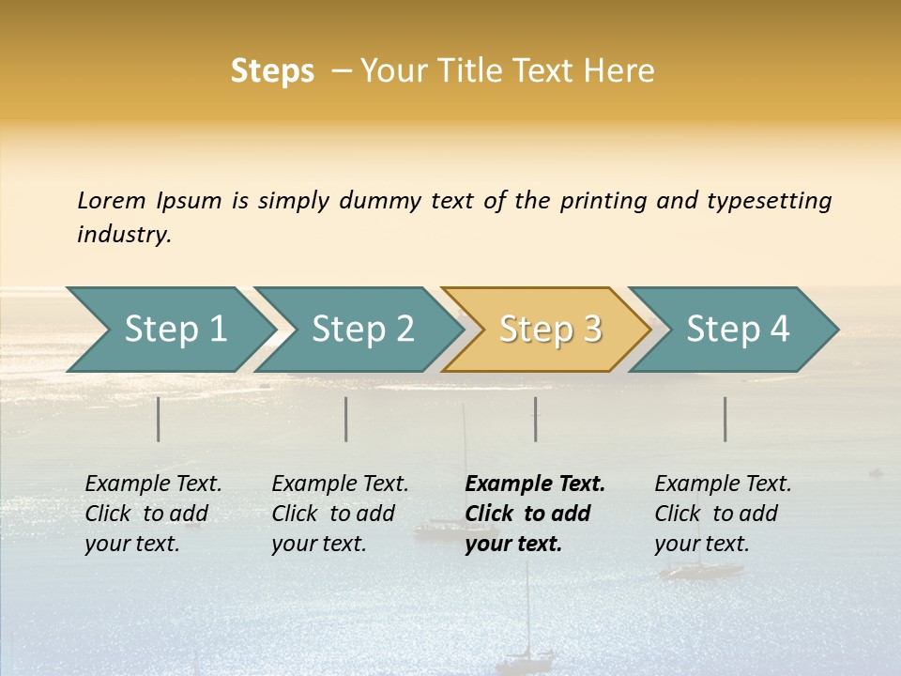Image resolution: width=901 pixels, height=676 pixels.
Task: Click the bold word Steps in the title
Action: coord(272,71)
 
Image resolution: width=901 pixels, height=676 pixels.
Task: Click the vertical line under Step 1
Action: coord(159,419)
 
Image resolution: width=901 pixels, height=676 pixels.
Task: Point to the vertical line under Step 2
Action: coord(346,419)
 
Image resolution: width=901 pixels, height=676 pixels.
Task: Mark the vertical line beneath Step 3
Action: coord(536,419)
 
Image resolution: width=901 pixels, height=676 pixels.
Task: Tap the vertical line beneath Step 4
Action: coord(725,419)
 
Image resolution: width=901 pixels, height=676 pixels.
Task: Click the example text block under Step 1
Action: coord(153,514)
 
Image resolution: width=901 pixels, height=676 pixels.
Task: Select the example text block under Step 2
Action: coord(340,514)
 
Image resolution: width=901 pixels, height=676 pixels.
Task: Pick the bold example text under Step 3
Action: coord(535,514)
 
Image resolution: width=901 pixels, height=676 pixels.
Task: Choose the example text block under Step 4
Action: coord(723,514)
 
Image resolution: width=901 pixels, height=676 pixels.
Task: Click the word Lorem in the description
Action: coord(112,201)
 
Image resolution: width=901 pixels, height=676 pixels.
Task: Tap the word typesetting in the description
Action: coord(769,201)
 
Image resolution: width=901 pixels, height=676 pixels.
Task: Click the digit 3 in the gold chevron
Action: coord(592,330)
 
